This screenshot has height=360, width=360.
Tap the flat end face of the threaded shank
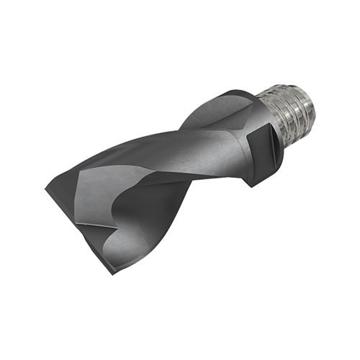click(306, 108)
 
